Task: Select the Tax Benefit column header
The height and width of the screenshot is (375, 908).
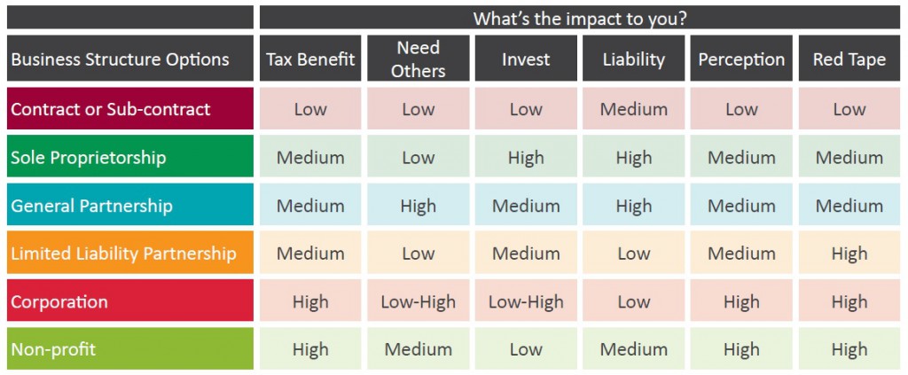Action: pyautogui.click(x=310, y=59)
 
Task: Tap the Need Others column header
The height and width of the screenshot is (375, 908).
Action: pyautogui.click(x=418, y=59)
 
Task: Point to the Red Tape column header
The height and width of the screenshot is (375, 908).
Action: pyautogui.click(x=849, y=59)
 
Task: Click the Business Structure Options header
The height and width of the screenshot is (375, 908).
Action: pyautogui.click(x=129, y=59)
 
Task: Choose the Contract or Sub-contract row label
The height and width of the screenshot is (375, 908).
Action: pyautogui.click(x=129, y=109)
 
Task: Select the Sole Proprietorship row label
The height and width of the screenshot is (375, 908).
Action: pyautogui.click(x=129, y=158)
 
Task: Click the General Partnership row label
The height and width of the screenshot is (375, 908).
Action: pyautogui.click(x=129, y=206)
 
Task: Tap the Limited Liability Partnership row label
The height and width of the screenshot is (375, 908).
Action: pyautogui.click(x=129, y=254)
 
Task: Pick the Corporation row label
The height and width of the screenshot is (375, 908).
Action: pyautogui.click(x=129, y=301)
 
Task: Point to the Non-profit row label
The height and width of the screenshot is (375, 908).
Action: pyautogui.click(x=129, y=349)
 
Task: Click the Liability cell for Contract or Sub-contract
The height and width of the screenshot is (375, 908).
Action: pyautogui.click(x=633, y=109)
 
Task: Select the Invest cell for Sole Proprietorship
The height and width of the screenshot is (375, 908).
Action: pyautogui.click(x=526, y=158)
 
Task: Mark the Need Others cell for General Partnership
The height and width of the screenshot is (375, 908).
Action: pyautogui.click(x=418, y=206)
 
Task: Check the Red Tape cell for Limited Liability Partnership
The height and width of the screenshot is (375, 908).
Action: pyautogui.click(x=849, y=254)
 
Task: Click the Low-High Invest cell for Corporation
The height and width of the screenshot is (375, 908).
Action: pyautogui.click(x=526, y=301)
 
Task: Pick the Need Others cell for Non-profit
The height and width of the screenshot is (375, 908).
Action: pyautogui.click(x=418, y=349)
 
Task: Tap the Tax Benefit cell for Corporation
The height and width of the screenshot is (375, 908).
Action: pyautogui.click(x=310, y=301)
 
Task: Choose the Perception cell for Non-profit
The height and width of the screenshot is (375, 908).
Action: pyautogui.click(x=741, y=349)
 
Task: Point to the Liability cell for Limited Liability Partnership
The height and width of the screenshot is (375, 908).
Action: pyautogui.click(x=633, y=254)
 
